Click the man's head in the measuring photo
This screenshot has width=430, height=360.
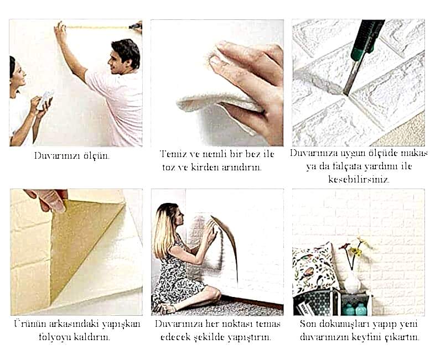(x=125, y=57)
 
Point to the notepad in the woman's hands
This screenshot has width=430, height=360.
(x=45, y=100)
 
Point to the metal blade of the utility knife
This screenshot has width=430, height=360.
(x=351, y=77)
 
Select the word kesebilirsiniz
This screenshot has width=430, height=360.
(x=359, y=180)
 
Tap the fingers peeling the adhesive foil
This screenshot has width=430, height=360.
(x=49, y=200)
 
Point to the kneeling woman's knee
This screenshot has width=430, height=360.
(x=215, y=293)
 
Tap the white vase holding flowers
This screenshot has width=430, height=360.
(x=353, y=281)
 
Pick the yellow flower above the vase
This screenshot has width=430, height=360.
(x=356, y=251)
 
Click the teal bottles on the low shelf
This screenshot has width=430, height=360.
(x=355, y=309)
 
